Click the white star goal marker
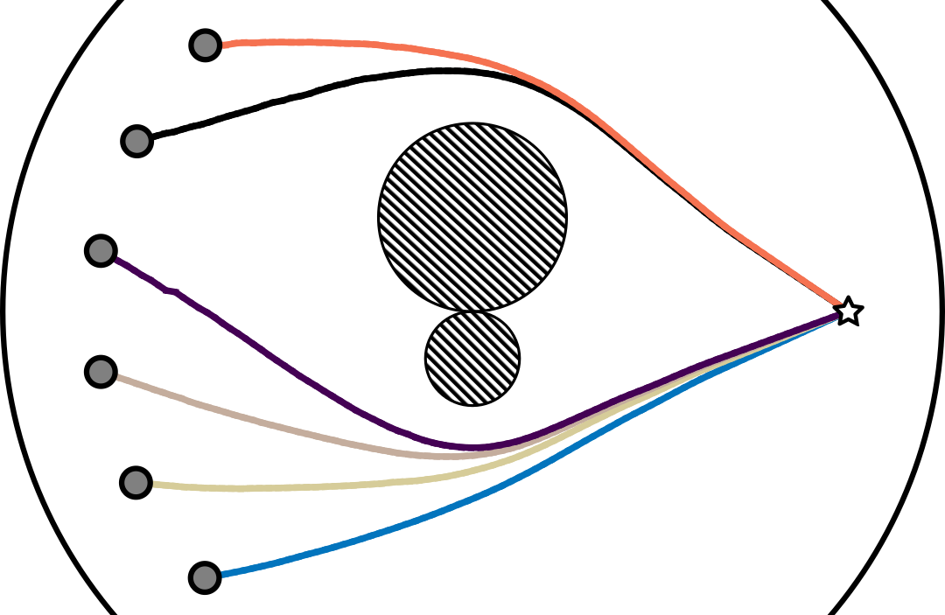pos(847,311)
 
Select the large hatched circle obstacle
pos(472,216)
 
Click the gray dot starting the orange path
pos(205,45)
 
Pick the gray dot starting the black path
pos(136,140)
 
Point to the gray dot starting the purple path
pos(101,251)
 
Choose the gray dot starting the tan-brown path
pos(101,371)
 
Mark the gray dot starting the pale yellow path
pos(136,482)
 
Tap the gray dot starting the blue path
pos(205,577)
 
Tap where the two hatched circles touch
pos(472,311)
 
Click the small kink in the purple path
pos(173,291)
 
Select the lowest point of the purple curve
pos(472,448)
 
